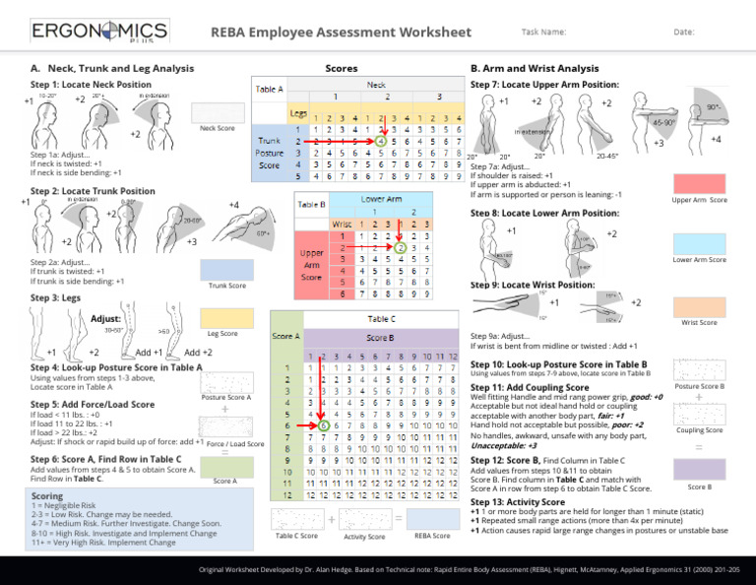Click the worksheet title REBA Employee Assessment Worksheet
click(342, 33)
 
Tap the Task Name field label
click(543, 32)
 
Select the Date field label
click(683, 32)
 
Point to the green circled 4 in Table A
click(380, 141)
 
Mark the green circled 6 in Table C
click(324, 424)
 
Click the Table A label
click(271, 90)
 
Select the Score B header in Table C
click(380, 336)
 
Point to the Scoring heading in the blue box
click(47, 495)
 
